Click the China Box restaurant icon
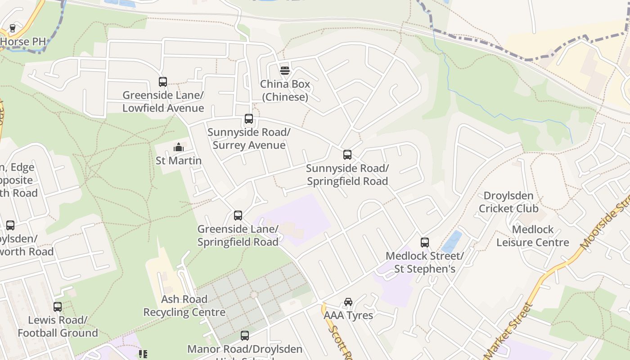coord(284,70)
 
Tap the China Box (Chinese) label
coord(285,90)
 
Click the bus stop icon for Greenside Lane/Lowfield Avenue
coord(163,82)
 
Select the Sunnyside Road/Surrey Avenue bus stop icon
coord(249,119)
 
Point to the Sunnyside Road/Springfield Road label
coord(347,175)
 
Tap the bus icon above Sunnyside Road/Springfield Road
coord(347,155)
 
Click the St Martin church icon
coord(179,147)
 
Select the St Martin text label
coord(179,161)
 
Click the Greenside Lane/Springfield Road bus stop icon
coord(238,216)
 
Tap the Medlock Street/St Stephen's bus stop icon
coord(424,243)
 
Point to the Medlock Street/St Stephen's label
coord(424,262)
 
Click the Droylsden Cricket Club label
coord(508,202)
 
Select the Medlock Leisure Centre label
coord(533,236)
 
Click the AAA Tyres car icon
coord(348,301)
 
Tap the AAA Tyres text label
coord(348,315)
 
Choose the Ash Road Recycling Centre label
coord(184,306)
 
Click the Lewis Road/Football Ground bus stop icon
coord(58,307)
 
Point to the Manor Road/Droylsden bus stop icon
coord(244,336)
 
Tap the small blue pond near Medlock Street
coord(452,242)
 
